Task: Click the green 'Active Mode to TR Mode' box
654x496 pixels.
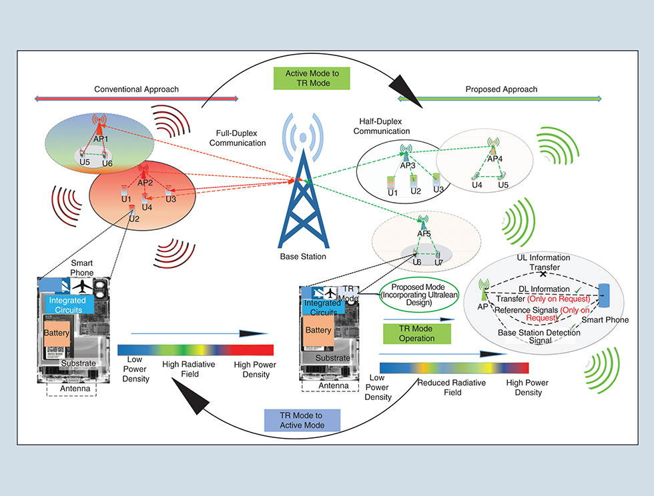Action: (x=311, y=78)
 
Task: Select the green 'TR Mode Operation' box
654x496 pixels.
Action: (x=416, y=334)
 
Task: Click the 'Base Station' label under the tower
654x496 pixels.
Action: (x=304, y=257)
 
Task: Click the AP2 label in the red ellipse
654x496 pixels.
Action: (x=145, y=183)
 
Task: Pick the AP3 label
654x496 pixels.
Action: (x=408, y=165)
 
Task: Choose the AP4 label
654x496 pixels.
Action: (x=495, y=159)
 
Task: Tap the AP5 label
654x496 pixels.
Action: (x=424, y=234)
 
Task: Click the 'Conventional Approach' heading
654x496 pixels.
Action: (x=137, y=89)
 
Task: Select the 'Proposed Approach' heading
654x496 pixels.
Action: (x=501, y=89)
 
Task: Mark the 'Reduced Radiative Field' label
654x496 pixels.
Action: (x=452, y=387)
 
